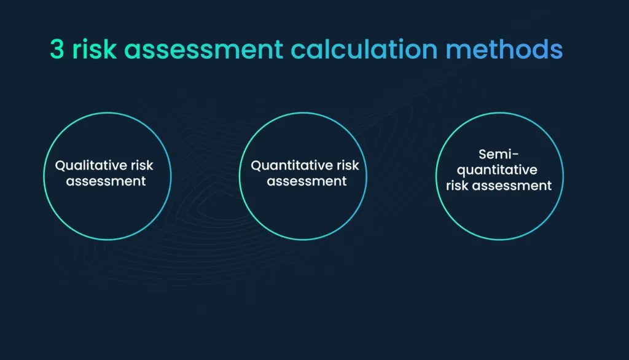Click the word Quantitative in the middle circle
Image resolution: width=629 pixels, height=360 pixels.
click(x=288, y=166)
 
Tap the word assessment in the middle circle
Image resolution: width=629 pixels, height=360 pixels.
click(x=307, y=181)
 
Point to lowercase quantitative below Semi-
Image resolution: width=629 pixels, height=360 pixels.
click(x=498, y=170)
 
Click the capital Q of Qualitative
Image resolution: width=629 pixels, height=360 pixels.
click(x=60, y=166)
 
